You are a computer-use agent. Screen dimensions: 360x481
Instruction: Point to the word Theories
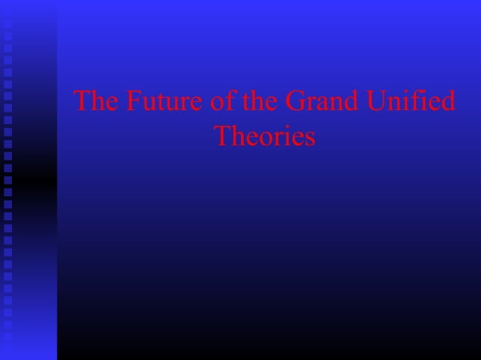click(x=264, y=136)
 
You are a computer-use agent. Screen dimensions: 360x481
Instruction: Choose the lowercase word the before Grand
click(x=253, y=102)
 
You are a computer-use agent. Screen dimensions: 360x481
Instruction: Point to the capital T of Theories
click(x=222, y=136)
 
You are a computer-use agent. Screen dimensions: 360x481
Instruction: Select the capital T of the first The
click(x=82, y=102)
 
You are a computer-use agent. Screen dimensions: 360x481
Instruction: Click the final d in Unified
click(x=448, y=102)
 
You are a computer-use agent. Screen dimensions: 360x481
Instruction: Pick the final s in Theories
click(x=309, y=138)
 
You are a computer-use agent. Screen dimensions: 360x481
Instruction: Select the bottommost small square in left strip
click(x=8, y=348)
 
